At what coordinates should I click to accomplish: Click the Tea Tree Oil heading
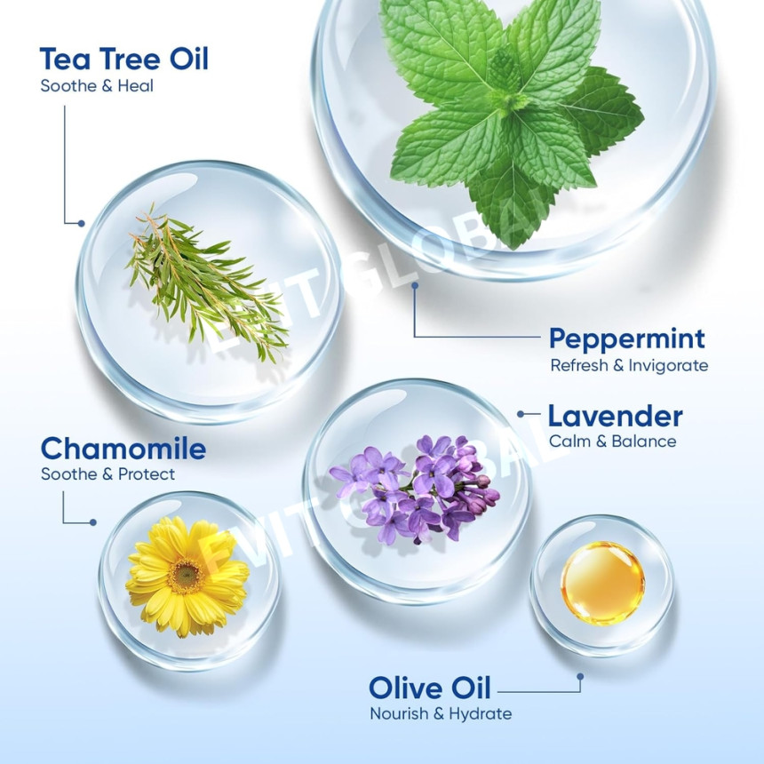(x=123, y=59)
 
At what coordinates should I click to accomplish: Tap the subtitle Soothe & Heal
(x=97, y=86)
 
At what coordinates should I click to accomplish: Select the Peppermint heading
(x=627, y=339)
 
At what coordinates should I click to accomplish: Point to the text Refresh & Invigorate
(x=629, y=365)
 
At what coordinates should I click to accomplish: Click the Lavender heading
(x=615, y=417)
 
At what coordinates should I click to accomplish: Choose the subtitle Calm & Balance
(x=612, y=442)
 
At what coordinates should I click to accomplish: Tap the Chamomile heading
(x=123, y=449)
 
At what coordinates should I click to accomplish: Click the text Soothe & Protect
(x=107, y=474)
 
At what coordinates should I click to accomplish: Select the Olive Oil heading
(x=430, y=688)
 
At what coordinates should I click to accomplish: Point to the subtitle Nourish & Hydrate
(x=441, y=714)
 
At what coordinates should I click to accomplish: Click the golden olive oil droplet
(x=602, y=583)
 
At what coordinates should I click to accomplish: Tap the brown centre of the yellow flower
(x=186, y=576)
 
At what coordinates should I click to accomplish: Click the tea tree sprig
(x=207, y=283)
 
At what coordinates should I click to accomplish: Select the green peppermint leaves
(x=512, y=117)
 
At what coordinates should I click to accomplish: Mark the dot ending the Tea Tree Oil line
(x=82, y=223)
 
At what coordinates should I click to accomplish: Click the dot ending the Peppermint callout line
(x=415, y=285)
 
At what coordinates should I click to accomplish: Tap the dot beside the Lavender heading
(x=521, y=414)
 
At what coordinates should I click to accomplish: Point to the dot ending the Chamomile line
(x=93, y=522)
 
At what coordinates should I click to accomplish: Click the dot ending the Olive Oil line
(x=580, y=677)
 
